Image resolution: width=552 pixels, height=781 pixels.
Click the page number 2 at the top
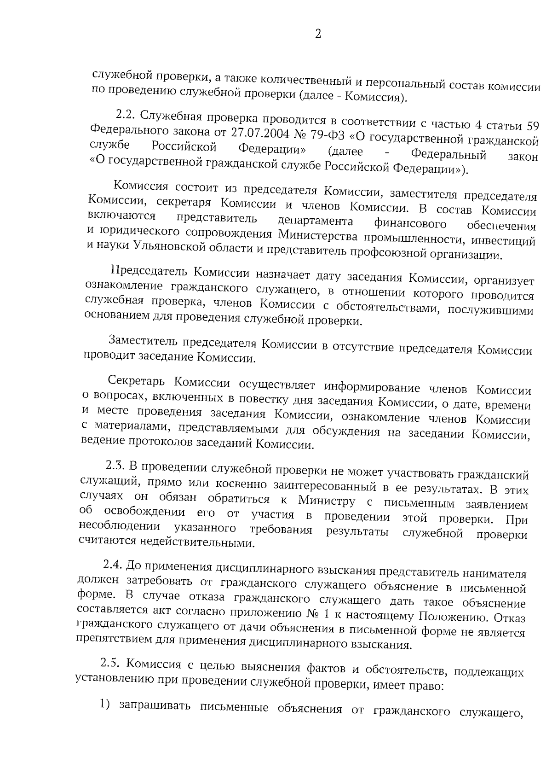coord(318,35)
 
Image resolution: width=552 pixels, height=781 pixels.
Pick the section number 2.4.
coord(113,564)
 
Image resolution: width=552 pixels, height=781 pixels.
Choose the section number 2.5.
coord(110,664)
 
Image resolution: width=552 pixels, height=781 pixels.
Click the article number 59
coord(531,126)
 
